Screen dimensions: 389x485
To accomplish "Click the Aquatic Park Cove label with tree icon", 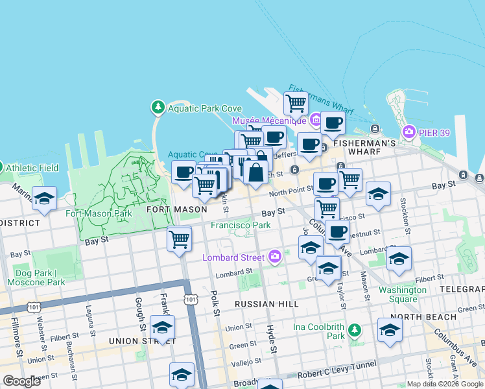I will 197,108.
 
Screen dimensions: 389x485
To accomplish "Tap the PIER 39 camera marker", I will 409,132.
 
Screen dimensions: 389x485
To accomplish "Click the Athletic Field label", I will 32,168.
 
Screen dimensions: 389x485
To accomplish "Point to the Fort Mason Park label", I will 99,213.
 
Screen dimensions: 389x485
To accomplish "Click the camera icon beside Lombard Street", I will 276,257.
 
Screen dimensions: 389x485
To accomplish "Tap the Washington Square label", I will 403,294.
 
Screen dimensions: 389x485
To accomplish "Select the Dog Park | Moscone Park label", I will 36,277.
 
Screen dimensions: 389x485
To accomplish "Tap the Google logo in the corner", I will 21,381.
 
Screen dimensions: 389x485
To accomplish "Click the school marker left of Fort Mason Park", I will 44,199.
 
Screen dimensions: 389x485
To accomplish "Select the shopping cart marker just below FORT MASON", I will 180,239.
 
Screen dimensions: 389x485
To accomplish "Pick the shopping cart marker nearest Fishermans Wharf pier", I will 296,102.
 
